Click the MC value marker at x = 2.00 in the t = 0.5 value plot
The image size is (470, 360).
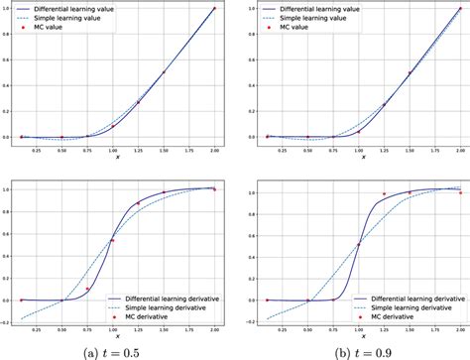click(x=214, y=9)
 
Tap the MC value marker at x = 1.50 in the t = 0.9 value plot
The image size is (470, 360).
click(x=409, y=73)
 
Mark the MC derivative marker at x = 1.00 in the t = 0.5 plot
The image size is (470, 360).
click(x=113, y=240)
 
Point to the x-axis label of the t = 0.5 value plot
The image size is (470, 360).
click(x=117, y=157)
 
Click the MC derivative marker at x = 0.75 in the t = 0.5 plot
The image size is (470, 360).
click(x=87, y=290)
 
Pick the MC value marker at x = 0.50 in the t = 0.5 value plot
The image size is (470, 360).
click(x=61, y=137)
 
